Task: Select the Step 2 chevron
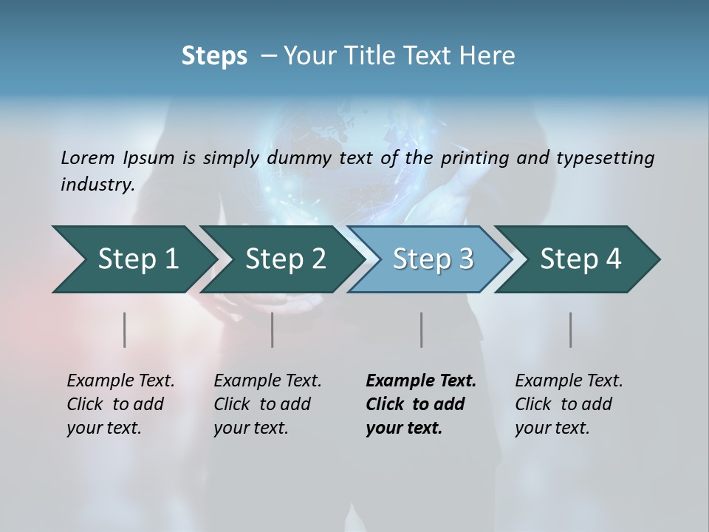tap(284, 259)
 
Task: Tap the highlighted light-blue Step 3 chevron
tap(432, 259)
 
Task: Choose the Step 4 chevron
tap(580, 259)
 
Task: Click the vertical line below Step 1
tap(125, 330)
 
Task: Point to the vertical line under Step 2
tap(273, 330)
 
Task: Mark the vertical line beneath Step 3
tap(422, 330)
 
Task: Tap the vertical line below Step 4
tap(571, 330)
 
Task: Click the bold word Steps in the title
tap(214, 56)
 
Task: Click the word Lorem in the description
tap(88, 157)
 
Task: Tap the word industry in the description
tap(97, 184)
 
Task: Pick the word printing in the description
tap(473, 157)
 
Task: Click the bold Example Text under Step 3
tap(421, 381)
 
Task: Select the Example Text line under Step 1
tap(120, 381)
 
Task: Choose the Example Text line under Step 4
tap(569, 381)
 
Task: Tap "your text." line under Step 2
tap(250, 428)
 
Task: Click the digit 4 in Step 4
tap(614, 259)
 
